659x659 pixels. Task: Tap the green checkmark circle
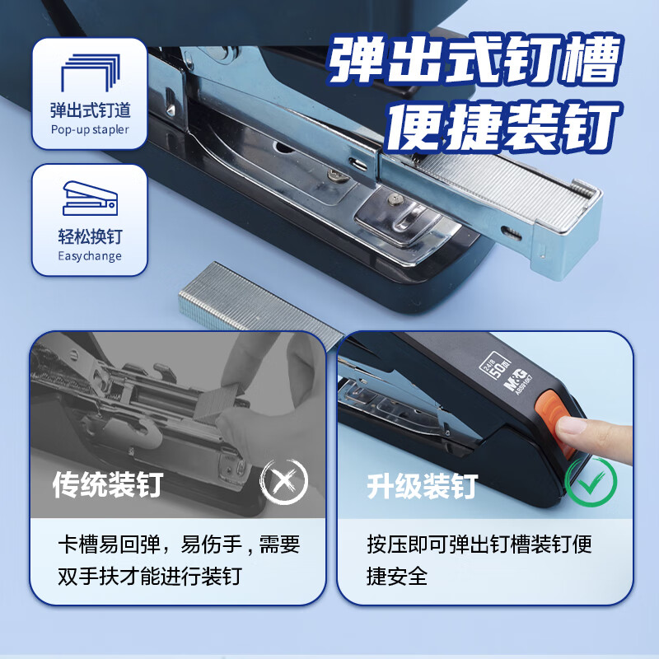(591, 482)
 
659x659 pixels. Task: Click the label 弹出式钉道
(90, 110)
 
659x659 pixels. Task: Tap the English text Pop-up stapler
(90, 129)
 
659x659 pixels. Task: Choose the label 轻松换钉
(90, 236)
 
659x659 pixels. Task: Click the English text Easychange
(90, 255)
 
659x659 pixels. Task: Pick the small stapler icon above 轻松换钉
(90, 198)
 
